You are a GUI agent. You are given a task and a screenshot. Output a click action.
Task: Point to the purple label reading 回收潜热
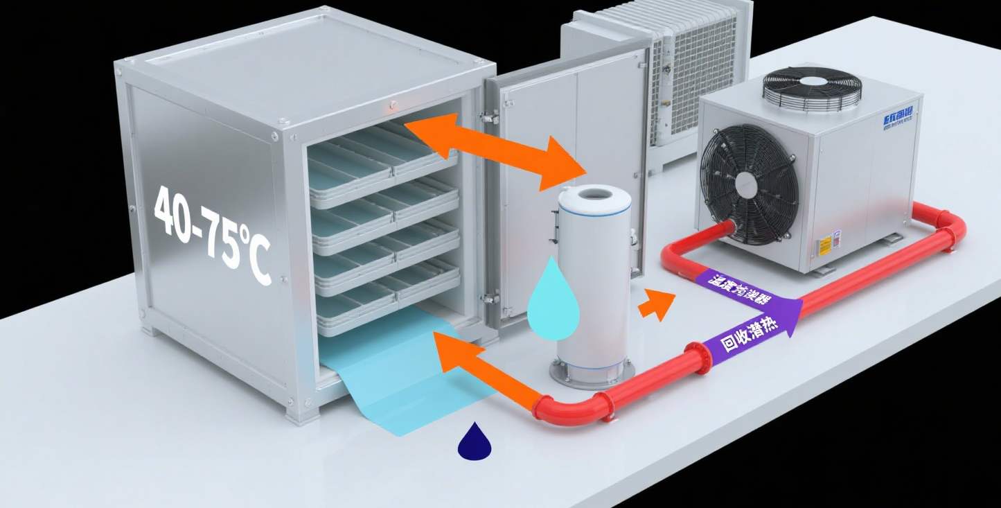point(751,334)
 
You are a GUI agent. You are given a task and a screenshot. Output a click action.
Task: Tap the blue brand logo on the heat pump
point(898,118)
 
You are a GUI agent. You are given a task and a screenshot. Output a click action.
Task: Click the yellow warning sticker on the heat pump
point(825,246)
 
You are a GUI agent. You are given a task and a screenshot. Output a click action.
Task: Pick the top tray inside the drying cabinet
point(381,157)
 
